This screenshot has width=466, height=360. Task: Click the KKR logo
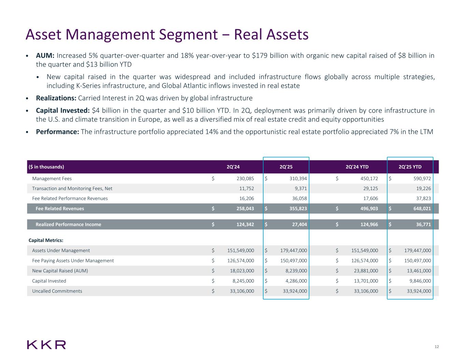[46, 345]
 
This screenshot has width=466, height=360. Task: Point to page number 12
[437, 347]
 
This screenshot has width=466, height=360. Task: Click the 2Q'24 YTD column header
[357, 167]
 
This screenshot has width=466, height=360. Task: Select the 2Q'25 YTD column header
[410, 167]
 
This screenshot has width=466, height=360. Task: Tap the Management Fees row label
[52, 178]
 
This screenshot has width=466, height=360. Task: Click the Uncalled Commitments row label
[57, 291]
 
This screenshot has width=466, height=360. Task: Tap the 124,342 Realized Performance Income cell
[243, 225]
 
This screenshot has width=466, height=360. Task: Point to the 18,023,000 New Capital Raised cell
[240, 271]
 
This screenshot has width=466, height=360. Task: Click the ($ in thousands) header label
[46, 167]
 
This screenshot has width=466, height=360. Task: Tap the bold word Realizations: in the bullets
[56, 98]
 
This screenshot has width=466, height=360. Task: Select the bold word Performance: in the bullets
[57, 132]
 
